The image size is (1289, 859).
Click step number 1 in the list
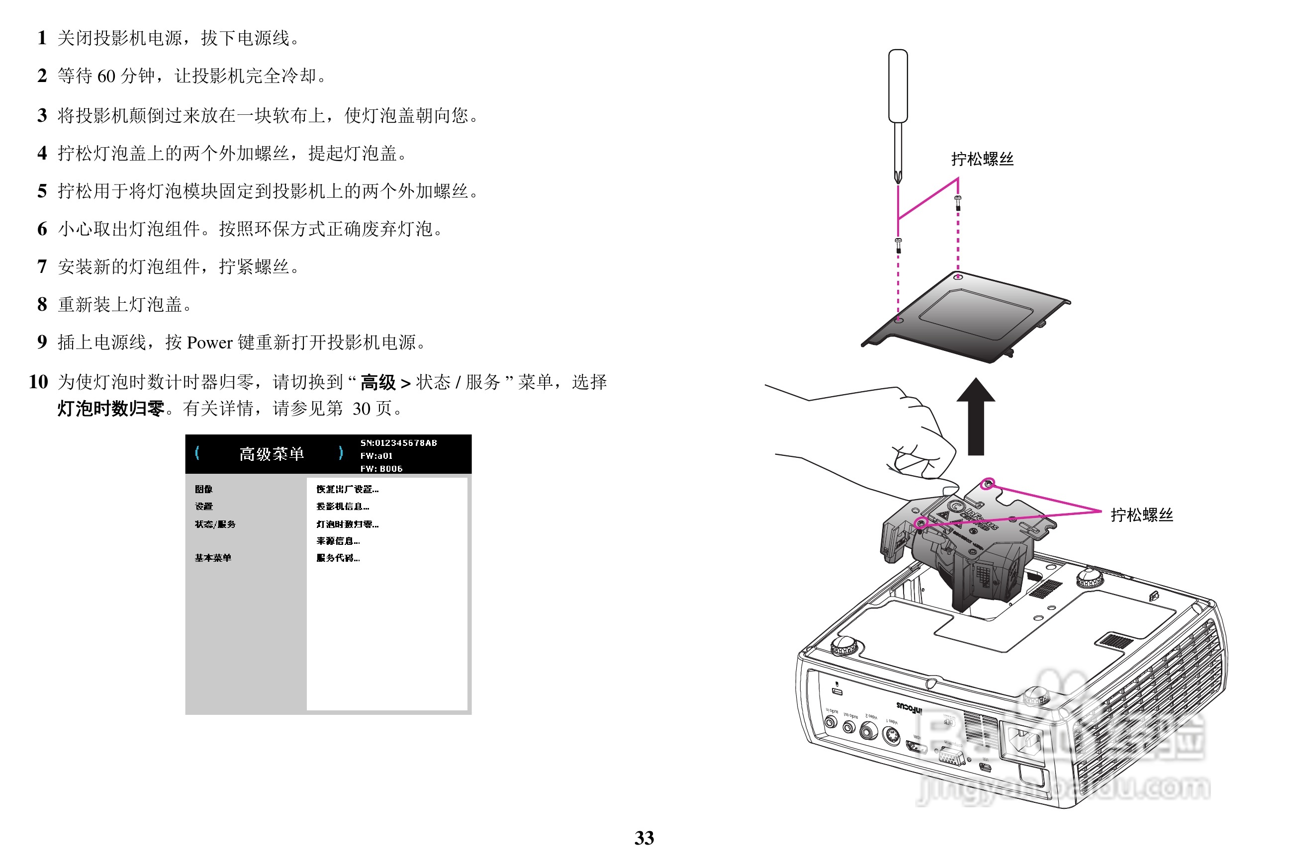[x=42, y=38]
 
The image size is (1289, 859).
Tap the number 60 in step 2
[x=106, y=76]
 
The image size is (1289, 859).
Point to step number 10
[x=38, y=382]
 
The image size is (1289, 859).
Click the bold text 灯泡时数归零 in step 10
[x=111, y=409]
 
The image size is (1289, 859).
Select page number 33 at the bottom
[x=644, y=838]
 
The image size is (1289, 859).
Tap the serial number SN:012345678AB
[x=398, y=442]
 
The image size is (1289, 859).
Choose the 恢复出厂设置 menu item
[x=347, y=489]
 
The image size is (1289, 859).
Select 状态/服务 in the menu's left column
[x=215, y=524]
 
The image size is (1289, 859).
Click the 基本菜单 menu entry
[x=213, y=558]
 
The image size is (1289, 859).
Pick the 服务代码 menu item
[x=338, y=558]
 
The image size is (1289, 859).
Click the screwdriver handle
[x=898, y=86]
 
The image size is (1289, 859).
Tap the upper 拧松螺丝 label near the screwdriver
[x=982, y=160]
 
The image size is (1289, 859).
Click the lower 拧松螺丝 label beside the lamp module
[x=1142, y=515]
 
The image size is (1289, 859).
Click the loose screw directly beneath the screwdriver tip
[x=898, y=245]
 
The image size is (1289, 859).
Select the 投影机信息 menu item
[x=343, y=506]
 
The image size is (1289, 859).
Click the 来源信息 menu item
[x=338, y=541]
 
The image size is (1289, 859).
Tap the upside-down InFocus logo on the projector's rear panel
[x=909, y=708]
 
